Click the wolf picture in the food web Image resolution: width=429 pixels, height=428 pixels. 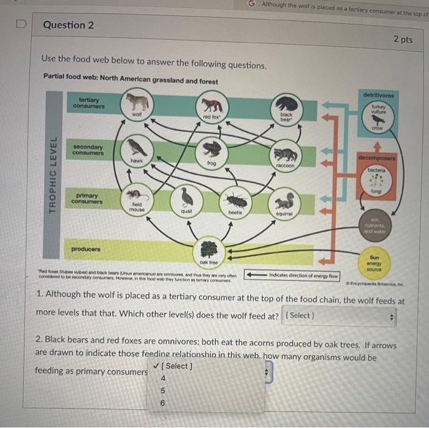point(137,101)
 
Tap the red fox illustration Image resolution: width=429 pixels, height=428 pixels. point(211,105)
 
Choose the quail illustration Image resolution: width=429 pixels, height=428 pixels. point(186,197)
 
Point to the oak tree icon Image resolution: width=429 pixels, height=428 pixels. point(210,248)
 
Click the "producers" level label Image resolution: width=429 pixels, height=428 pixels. point(85,249)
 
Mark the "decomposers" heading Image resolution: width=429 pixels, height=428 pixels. point(377,157)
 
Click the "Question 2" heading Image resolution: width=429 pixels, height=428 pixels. point(69,25)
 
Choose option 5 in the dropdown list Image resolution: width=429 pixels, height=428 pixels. point(162,390)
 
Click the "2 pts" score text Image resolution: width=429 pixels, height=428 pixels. point(403,40)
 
